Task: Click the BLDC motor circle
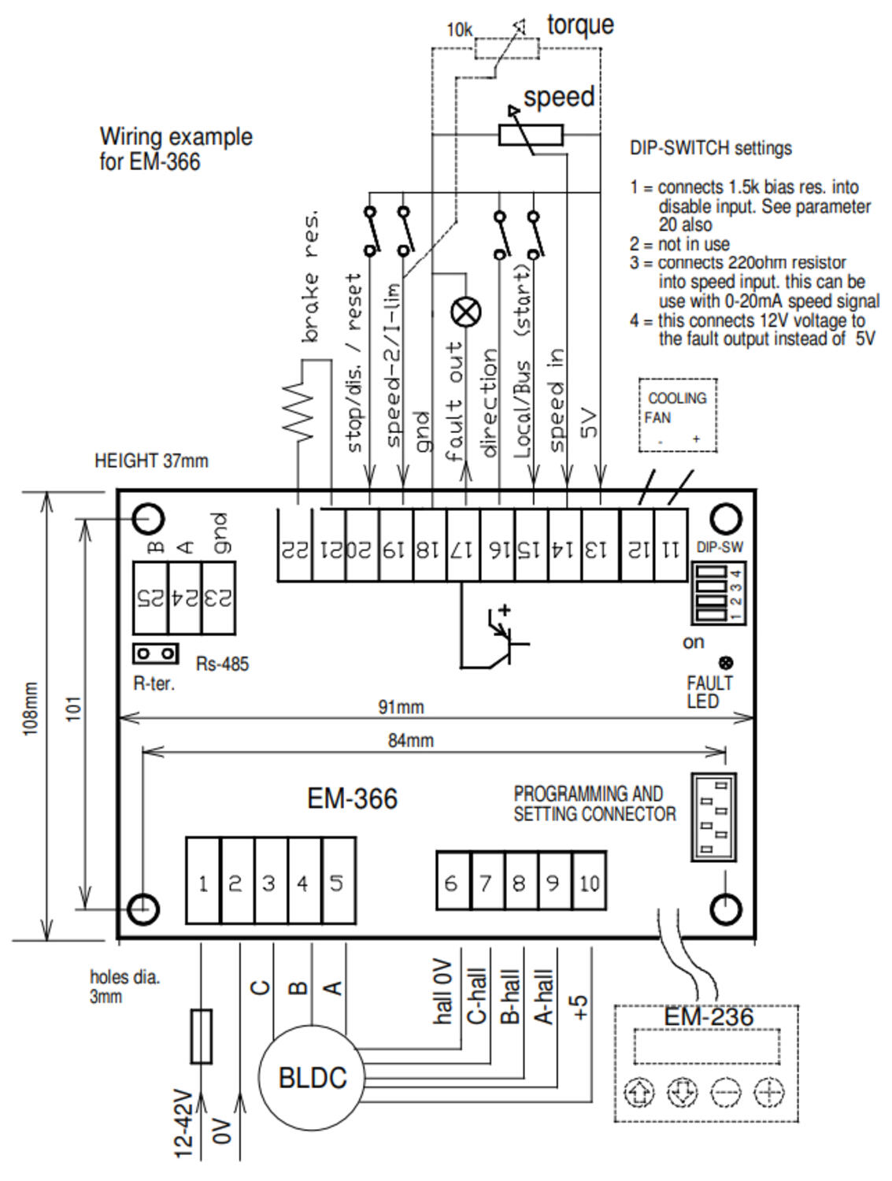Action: [x=313, y=1077]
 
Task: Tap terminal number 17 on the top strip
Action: [x=464, y=546]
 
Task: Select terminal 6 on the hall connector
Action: [x=453, y=882]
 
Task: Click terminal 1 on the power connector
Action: [x=203, y=882]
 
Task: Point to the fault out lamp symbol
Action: [x=465, y=313]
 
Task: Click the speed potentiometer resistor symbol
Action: [x=531, y=135]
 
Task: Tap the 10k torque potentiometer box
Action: [x=506, y=49]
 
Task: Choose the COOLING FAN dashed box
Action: [x=678, y=415]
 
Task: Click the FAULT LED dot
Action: [x=725, y=663]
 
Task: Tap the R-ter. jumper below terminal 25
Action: [x=155, y=653]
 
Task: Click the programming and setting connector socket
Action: [x=714, y=816]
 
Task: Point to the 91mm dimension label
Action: [x=401, y=707]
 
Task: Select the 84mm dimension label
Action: [x=410, y=740]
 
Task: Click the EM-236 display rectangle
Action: [x=707, y=1046]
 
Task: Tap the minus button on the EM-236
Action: [x=725, y=1093]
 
